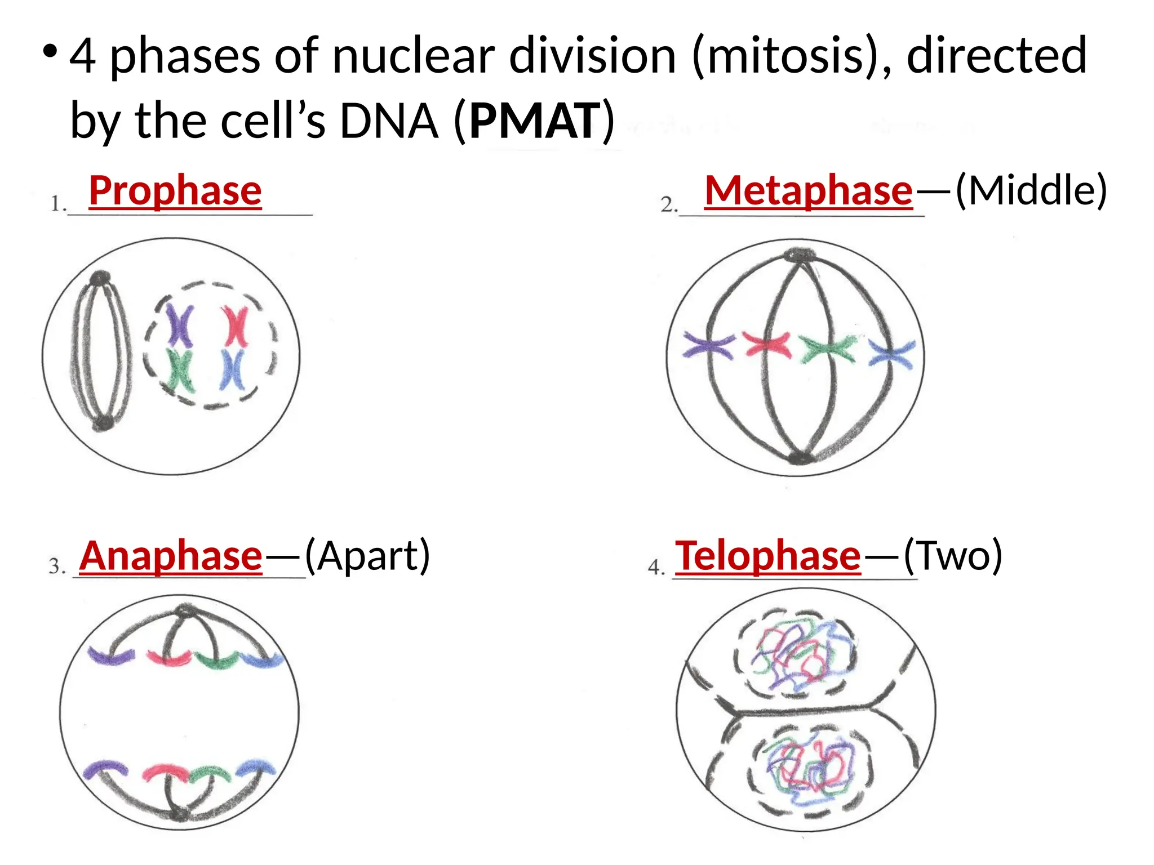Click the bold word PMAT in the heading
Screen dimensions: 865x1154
point(535,120)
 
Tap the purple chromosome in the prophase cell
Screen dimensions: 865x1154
point(180,326)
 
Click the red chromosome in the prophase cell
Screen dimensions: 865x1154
point(234,326)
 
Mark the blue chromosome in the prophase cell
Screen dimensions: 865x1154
point(232,369)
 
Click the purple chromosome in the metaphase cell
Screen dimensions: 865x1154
point(709,345)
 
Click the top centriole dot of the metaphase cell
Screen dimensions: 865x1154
point(799,255)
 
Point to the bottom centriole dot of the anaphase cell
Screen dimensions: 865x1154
point(179,814)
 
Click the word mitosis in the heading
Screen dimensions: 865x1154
point(783,55)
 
